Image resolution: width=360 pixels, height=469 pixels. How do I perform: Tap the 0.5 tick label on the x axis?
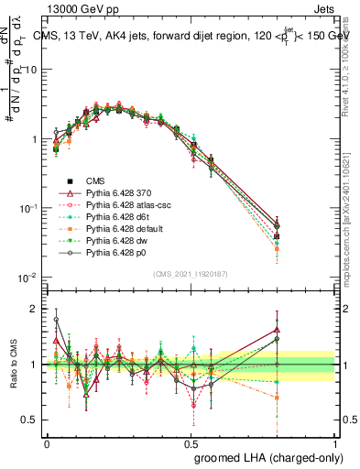click(191, 442)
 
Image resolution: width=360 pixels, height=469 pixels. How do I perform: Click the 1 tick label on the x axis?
click(335, 442)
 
